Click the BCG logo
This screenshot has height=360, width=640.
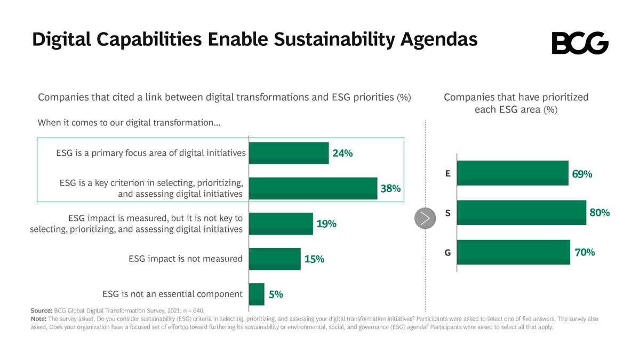pos(580,43)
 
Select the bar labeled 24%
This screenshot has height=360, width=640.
pos(289,153)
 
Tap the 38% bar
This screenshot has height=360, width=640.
pos(313,188)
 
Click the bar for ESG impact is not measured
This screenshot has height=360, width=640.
pos(275,259)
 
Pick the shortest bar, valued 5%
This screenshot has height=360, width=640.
pos(257,294)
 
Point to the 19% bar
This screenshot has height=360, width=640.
pos(281,223)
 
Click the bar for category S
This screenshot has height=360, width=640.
pos(521,213)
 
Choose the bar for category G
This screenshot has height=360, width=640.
pos(513,252)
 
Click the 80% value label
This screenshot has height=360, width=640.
pos(599,213)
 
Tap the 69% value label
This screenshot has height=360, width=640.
pos(582,174)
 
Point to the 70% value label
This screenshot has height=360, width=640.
pos(585,252)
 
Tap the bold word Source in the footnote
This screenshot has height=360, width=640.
pos(41,310)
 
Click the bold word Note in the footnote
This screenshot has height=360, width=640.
pos(39,319)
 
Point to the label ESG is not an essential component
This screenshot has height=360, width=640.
pos(172,294)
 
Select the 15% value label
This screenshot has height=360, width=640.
pos(314,259)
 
